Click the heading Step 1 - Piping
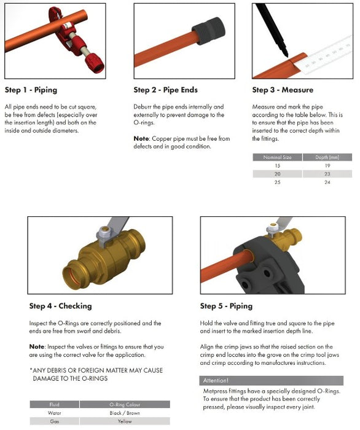click(31, 90)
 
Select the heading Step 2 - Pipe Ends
click(165, 90)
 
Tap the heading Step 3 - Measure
click(283, 90)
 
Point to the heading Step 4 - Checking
click(60, 306)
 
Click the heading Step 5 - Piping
click(226, 306)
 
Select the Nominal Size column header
click(278, 157)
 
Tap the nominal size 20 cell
click(278, 174)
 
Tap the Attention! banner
click(217, 381)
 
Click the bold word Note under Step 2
click(141, 139)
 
